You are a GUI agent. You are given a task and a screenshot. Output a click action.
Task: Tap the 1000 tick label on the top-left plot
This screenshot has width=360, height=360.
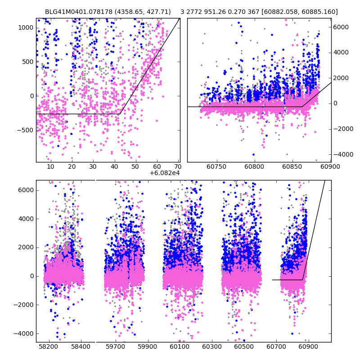[x=26, y=27]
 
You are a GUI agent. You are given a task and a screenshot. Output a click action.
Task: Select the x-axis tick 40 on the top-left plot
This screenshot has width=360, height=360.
[x=114, y=167]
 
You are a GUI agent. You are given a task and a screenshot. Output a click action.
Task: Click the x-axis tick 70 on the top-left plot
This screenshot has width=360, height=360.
[x=178, y=167]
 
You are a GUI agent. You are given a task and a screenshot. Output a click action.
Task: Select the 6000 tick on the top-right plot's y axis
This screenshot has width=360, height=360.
[x=341, y=27]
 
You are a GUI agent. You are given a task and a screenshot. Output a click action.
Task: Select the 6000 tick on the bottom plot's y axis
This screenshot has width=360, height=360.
[x=25, y=190]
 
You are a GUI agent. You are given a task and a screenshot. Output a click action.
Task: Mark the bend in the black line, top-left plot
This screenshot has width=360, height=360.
[x=119, y=114]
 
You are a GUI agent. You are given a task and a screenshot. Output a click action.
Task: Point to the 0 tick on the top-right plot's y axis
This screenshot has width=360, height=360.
[x=335, y=103]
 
